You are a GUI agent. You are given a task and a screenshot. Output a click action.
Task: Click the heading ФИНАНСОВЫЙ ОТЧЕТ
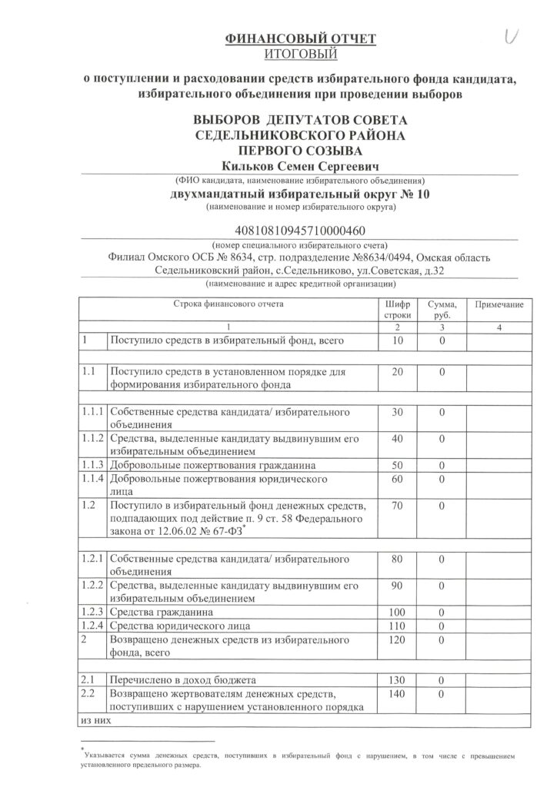278,39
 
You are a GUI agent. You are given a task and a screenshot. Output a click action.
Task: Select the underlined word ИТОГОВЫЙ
278,53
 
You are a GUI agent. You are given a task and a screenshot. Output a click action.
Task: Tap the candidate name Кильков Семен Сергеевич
278,164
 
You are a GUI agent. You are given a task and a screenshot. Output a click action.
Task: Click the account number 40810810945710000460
278,230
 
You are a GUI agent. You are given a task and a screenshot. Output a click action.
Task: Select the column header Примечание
499,305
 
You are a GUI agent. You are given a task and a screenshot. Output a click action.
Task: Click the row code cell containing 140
397,695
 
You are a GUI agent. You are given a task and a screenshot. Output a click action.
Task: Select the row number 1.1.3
92,466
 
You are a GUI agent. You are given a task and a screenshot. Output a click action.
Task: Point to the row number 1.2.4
92,627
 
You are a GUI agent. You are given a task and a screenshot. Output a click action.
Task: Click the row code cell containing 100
397,614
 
